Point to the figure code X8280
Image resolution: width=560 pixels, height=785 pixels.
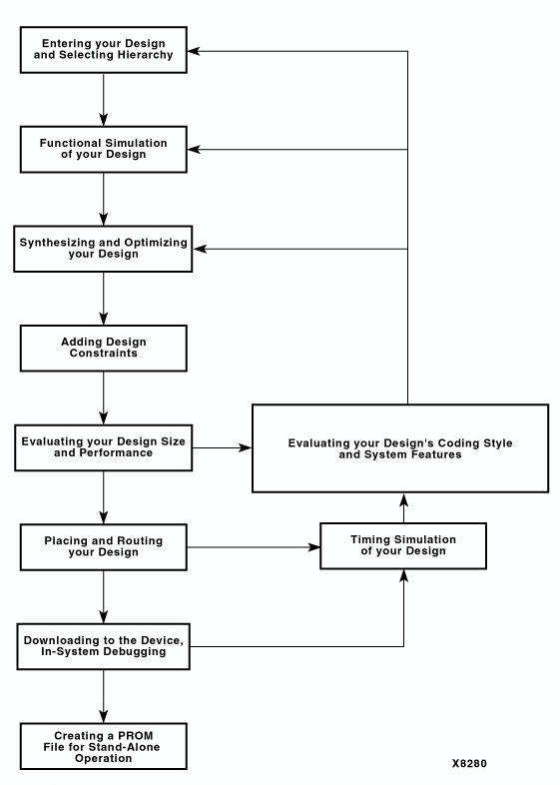[x=469, y=763]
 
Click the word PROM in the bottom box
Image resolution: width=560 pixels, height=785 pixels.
[x=136, y=735]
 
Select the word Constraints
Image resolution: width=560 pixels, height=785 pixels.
[x=104, y=353]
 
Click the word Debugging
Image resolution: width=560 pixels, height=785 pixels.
[x=135, y=652]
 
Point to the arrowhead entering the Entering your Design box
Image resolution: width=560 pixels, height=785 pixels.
[x=194, y=51]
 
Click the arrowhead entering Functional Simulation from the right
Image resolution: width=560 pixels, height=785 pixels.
[x=194, y=149]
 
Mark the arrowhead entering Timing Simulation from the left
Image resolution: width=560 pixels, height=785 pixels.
[x=313, y=547]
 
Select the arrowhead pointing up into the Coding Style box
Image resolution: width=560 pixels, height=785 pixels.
[x=404, y=499]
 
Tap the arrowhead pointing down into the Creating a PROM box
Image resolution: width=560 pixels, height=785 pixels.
[x=104, y=716]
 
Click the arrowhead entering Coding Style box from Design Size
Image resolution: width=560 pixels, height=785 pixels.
[x=246, y=447]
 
